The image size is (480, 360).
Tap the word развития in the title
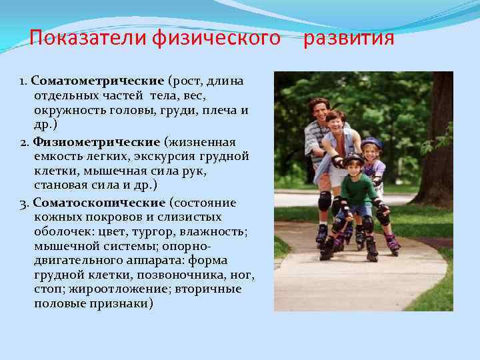click(349, 39)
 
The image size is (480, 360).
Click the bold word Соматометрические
click(97, 81)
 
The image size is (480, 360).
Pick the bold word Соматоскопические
click(99, 202)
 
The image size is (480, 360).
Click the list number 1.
click(22, 81)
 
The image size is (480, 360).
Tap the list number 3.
click(23, 203)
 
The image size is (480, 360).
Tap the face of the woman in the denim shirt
click(336, 124)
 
